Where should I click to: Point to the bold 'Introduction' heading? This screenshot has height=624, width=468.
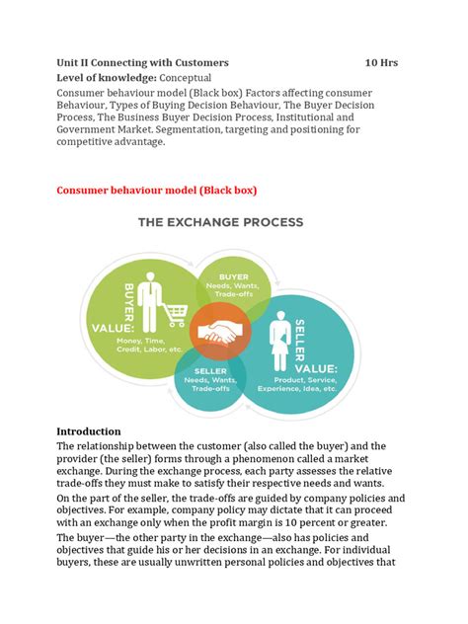pos(89,431)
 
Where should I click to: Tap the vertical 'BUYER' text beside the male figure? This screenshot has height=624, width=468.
pos(128,292)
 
